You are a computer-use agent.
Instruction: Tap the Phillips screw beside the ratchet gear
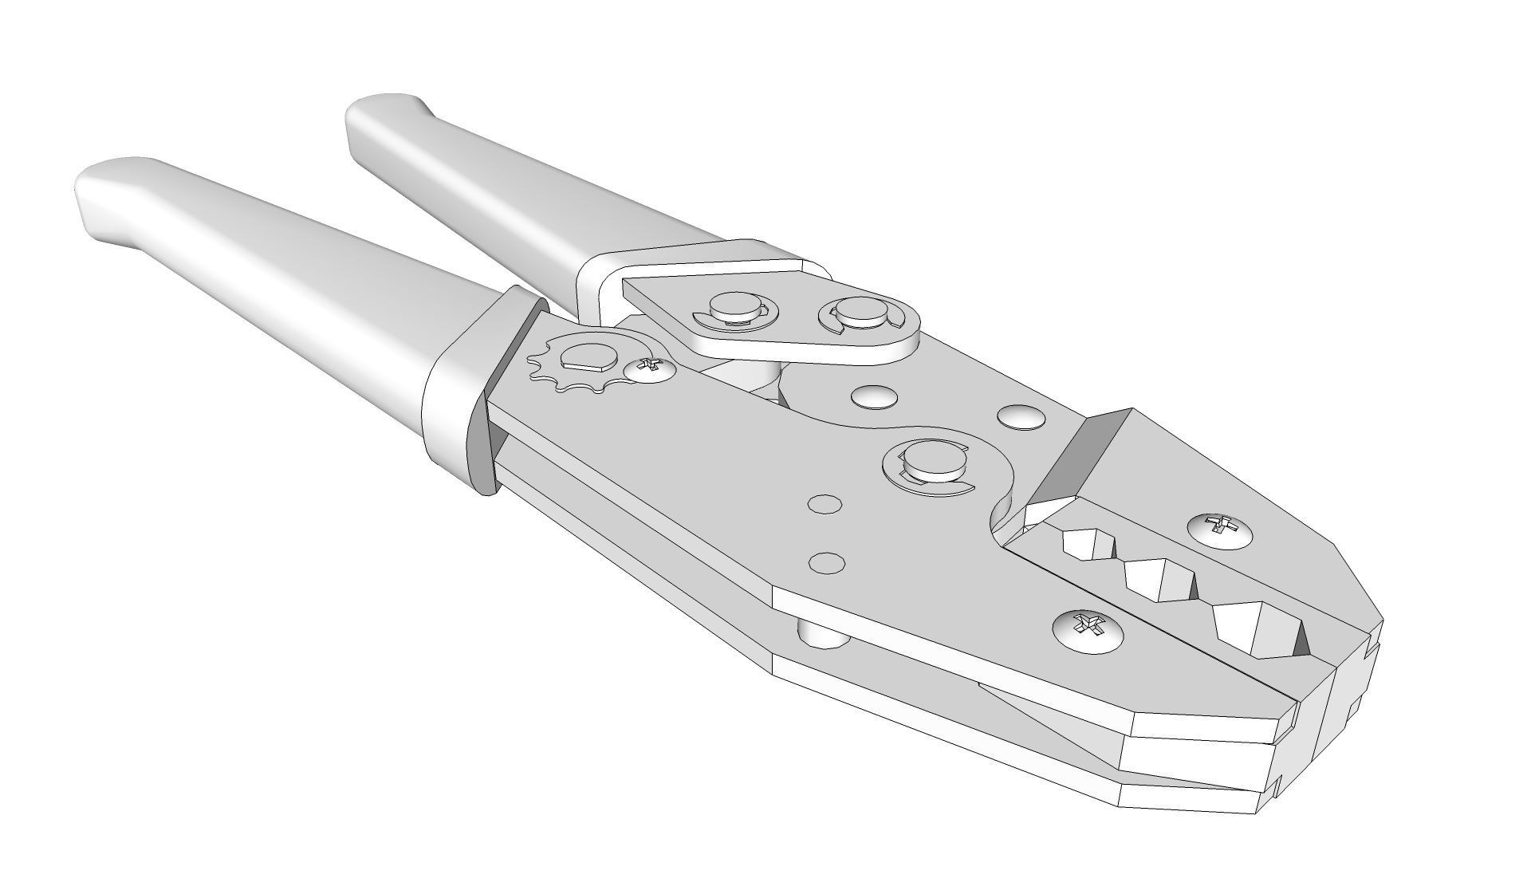tap(648, 368)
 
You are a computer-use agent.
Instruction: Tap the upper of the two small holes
tap(825, 504)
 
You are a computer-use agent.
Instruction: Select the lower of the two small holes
tap(827, 562)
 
